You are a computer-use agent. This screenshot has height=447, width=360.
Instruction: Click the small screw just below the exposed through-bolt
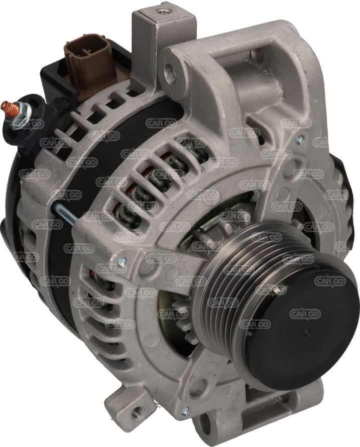[x=122, y=261]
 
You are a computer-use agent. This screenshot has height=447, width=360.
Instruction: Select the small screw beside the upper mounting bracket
[x=299, y=139]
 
